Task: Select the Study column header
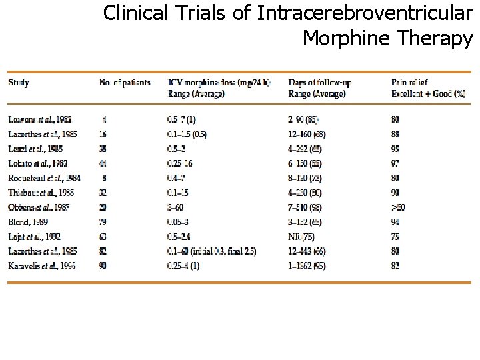coord(19,83)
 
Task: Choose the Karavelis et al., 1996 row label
coord(41,266)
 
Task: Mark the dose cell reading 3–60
coord(176,207)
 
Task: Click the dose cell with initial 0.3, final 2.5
coord(211,251)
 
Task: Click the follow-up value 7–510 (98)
coord(309,207)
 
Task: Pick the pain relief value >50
coord(399,207)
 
